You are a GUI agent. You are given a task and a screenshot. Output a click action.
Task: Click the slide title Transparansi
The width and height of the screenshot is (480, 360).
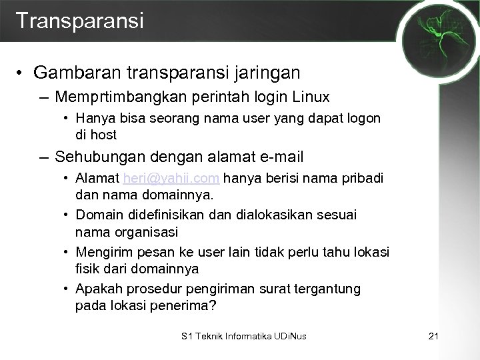[79, 20]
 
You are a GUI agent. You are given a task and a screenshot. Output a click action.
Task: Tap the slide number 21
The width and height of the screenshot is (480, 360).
[432, 336]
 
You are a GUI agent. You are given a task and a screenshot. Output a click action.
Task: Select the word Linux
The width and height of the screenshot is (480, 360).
[310, 97]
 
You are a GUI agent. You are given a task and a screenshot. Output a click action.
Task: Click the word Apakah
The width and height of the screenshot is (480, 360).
[97, 289]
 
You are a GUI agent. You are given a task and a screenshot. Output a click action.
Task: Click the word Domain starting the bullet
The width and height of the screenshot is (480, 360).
[97, 216]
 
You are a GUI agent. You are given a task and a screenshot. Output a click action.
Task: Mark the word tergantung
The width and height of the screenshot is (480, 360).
[327, 289]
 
